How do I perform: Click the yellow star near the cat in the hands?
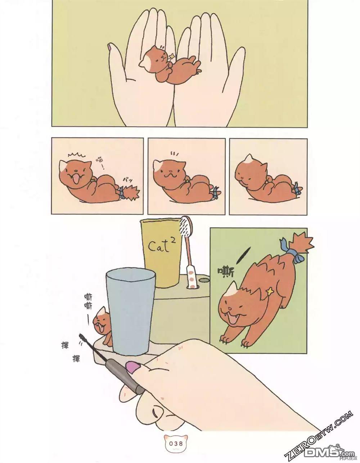[x=172, y=56]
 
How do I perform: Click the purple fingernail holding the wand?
[x=133, y=367]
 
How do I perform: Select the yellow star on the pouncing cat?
[x=269, y=291]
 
